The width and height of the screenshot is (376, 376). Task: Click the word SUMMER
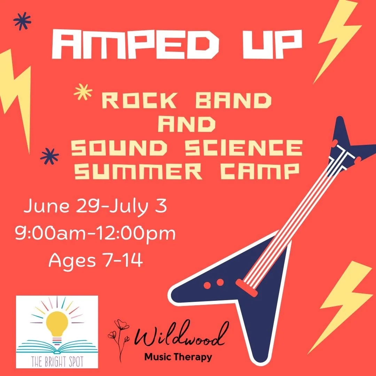point(146,172)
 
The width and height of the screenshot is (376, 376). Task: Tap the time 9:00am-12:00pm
point(95,234)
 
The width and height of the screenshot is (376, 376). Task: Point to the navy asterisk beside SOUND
point(49,156)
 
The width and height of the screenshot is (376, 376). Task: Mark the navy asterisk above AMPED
point(22,22)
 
